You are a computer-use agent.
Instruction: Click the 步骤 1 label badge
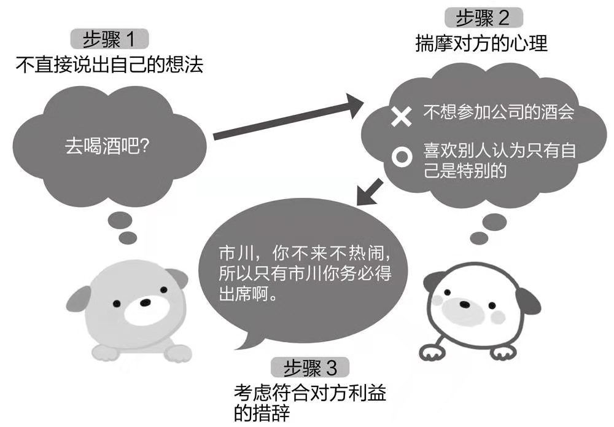(111, 40)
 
